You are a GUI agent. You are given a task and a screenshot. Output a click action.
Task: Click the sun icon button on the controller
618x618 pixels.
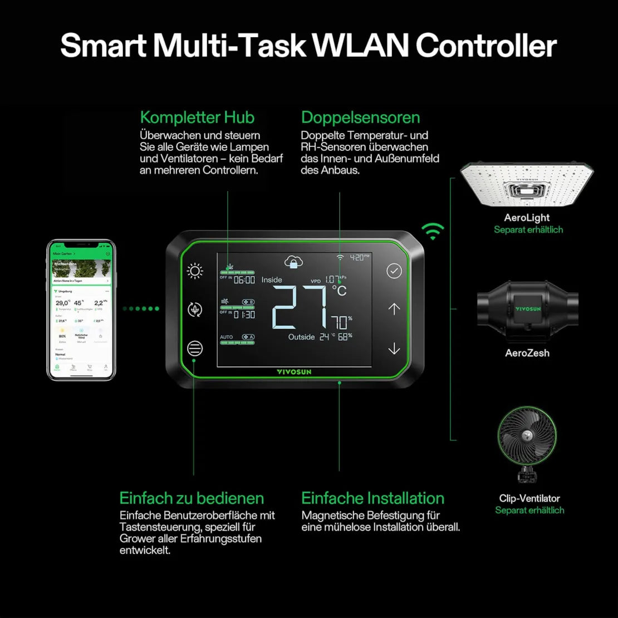click(x=195, y=271)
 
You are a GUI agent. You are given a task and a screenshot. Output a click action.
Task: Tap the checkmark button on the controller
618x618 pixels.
click(x=394, y=271)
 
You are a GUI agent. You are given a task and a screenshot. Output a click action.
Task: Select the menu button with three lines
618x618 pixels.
click(x=195, y=349)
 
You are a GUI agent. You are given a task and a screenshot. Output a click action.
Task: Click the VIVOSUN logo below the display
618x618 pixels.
click(x=294, y=371)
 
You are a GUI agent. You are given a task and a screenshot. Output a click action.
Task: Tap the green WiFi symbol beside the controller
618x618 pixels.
click(x=433, y=230)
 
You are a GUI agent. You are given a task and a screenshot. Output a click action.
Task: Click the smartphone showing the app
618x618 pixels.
click(x=81, y=310)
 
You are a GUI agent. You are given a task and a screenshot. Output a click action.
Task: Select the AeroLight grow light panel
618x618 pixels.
click(x=526, y=184)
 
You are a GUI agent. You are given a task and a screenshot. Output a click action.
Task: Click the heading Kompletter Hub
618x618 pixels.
click(x=197, y=117)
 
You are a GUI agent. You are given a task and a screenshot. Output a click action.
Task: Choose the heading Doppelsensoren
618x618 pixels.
click(x=360, y=117)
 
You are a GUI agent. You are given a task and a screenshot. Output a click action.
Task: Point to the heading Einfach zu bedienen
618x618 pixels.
click(x=192, y=498)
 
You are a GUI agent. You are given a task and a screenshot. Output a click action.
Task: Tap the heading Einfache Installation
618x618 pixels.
click(x=372, y=498)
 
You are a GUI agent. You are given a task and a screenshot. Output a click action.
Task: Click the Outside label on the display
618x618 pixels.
click(x=301, y=337)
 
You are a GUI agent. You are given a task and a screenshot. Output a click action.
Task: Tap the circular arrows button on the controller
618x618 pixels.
click(x=195, y=310)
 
